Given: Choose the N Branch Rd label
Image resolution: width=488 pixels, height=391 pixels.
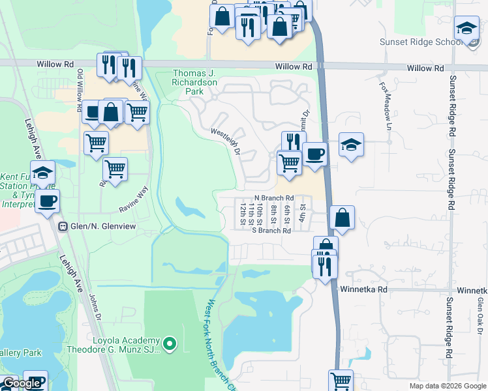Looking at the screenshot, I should pyautogui.click(x=275, y=197).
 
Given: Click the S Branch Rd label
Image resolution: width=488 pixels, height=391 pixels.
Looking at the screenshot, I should pyautogui.click(x=271, y=230).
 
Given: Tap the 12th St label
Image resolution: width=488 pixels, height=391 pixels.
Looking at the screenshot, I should pyautogui.click(x=243, y=212).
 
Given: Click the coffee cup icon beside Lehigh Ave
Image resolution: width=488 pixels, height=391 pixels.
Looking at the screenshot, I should pyautogui.click(x=47, y=201).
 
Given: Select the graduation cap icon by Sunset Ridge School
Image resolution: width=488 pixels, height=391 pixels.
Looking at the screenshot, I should pyautogui.click(x=466, y=28).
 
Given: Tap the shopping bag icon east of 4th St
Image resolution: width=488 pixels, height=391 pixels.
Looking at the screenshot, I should pyautogui.click(x=342, y=218).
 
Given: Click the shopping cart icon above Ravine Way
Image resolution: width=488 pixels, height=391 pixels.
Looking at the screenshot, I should pyautogui.click(x=115, y=169).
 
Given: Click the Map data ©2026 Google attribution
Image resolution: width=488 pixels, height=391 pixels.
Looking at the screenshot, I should pyautogui.click(x=447, y=386).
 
